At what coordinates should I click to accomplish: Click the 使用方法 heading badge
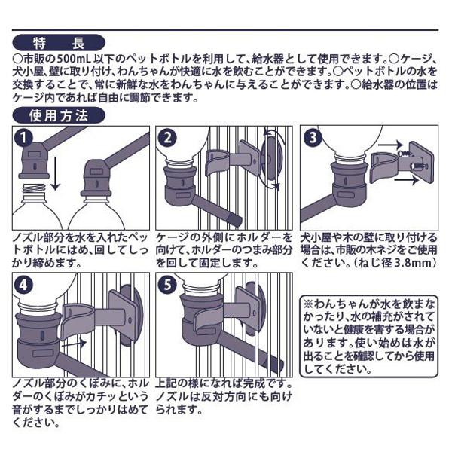pyautogui.click(x=60, y=115)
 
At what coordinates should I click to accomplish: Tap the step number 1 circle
pyautogui.click(x=25, y=137)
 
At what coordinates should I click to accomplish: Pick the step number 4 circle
pyautogui.click(x=25, y=286)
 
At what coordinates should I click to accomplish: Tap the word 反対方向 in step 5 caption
pyautogui.click(x=218, y=396)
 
